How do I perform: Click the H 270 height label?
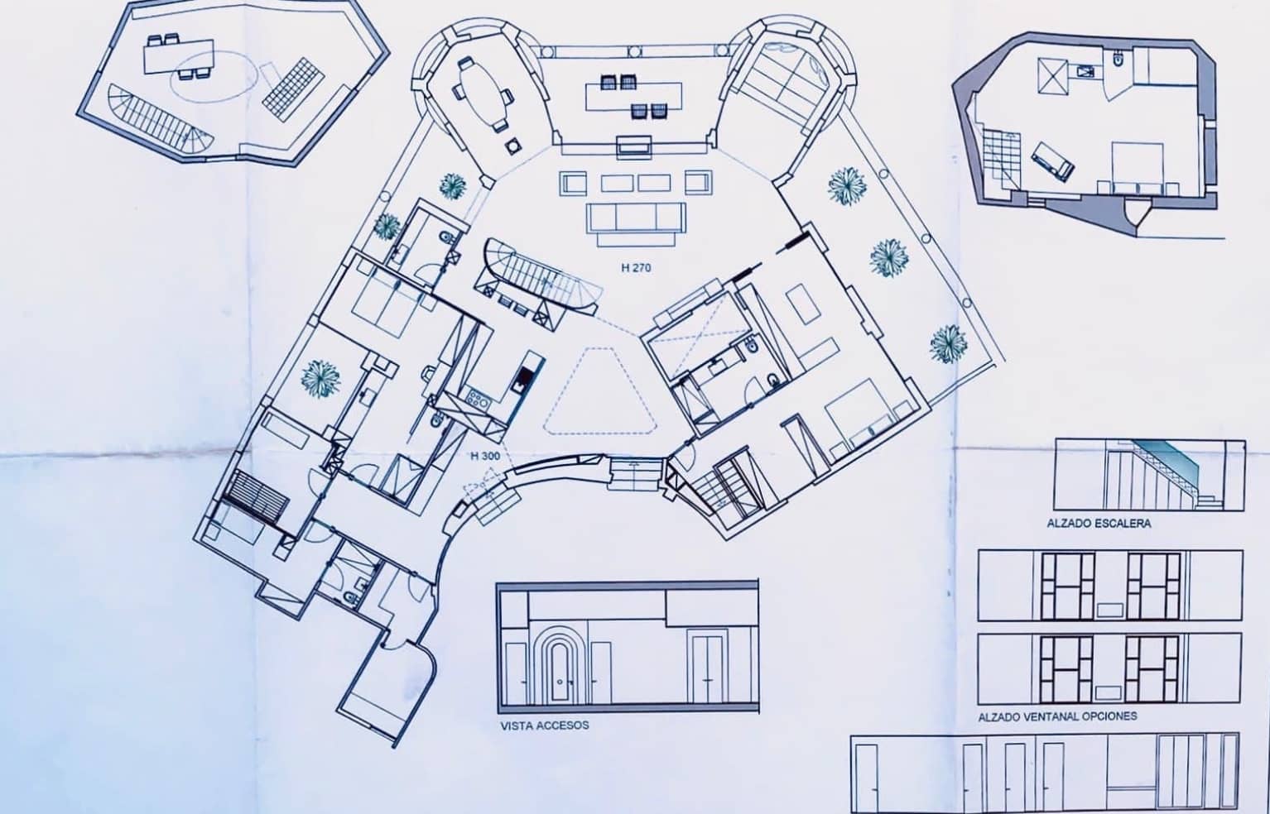tap(636, 268)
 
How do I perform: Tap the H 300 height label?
tap(483, 456)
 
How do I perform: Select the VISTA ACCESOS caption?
tap(545, 725)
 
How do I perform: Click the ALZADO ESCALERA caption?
tap(1099, 524)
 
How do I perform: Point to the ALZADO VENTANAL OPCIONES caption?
tap(1057, 716)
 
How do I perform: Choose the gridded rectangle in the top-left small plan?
tap(291, 82)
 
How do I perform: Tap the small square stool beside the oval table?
tap(513, 146)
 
